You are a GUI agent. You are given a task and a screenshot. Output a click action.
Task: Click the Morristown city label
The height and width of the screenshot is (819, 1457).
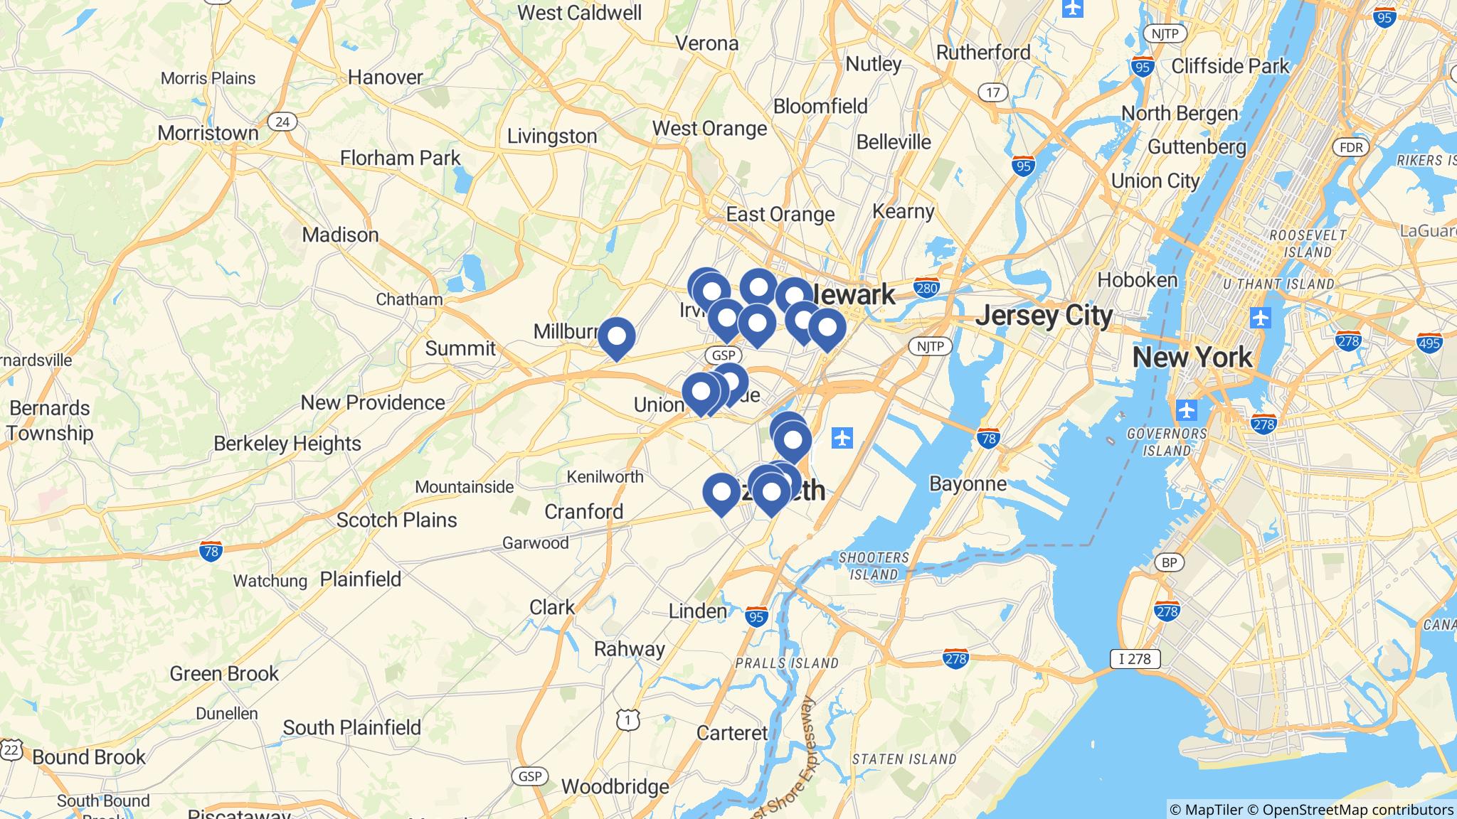pos(208,133)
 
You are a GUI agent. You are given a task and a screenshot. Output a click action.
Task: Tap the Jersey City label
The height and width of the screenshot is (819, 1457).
pos(1043,316)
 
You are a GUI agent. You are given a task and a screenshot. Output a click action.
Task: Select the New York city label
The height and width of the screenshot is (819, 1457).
pos(1192,357)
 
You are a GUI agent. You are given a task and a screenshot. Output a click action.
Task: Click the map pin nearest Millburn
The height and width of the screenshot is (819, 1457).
pos(616,336)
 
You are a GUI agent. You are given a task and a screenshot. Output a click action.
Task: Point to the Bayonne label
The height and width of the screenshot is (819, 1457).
pos(968,484)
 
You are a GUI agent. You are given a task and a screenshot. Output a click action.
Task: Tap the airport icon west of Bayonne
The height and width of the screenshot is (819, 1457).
pos(842,437)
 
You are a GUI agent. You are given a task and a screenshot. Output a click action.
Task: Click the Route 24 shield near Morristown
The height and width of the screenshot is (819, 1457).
pos(282,122)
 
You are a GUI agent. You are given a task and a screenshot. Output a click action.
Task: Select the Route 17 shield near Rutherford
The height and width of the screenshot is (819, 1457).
pos(992,92)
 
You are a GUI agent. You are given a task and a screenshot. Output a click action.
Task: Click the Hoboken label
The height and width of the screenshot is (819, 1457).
pos(1138,280)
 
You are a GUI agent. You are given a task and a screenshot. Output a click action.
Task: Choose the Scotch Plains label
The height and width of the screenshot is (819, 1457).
pos(396,520)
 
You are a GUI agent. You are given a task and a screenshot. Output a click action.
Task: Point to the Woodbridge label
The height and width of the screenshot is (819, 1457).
pos(615,786)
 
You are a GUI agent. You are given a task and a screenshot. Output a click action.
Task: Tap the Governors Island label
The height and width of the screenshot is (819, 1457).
pos(1167,441)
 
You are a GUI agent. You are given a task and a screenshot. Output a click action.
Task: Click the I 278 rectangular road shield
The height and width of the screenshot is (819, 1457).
pos(1135,658)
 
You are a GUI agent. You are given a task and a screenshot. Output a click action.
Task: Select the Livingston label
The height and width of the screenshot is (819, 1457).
pos(551,136)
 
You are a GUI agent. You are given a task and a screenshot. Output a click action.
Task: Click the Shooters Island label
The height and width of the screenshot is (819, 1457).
pos(874,566)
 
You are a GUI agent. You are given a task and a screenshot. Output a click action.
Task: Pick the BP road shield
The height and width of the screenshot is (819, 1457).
pos(1169,563)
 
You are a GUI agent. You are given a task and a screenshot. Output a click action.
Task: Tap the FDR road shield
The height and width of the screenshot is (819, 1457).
pos(1350,147)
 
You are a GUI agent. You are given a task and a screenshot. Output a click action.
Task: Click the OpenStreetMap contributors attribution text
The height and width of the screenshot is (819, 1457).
pos(1357,810)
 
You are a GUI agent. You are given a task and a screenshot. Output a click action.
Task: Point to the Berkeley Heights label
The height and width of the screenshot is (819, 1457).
pos(287,444)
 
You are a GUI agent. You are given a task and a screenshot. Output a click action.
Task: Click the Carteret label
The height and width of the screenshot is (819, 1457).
pos(732,733)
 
